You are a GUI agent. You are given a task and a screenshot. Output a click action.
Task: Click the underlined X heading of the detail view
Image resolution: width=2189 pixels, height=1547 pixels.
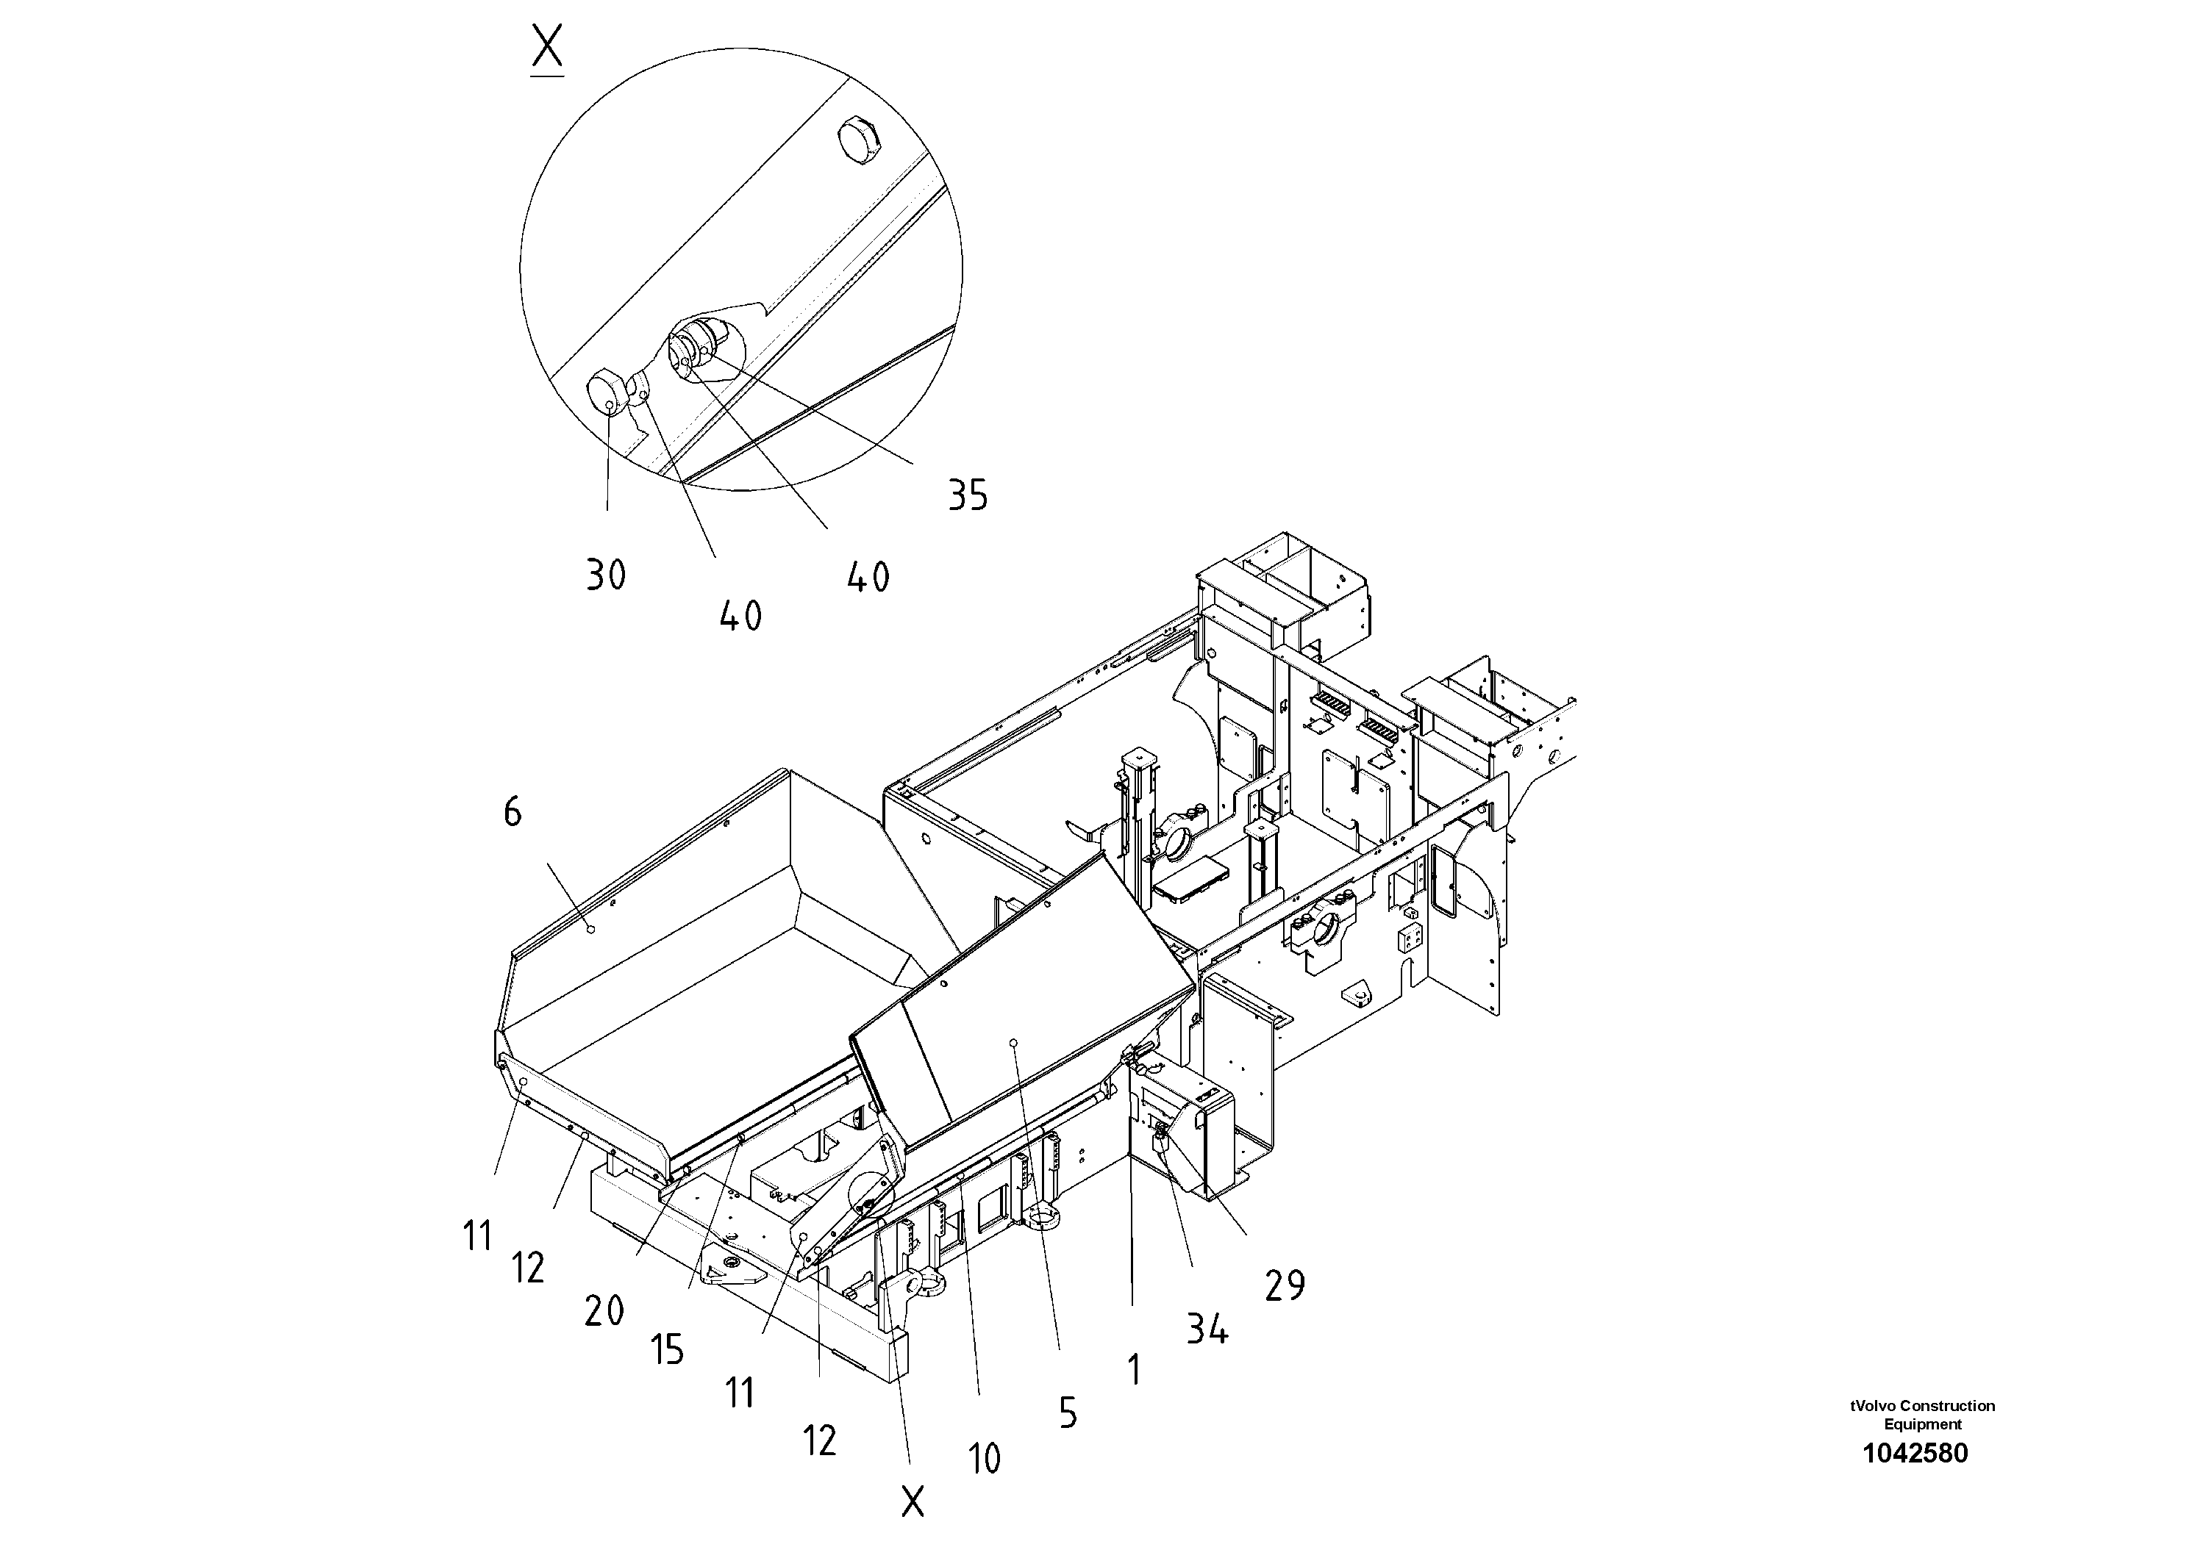pyautogui.click(x=547, y=49)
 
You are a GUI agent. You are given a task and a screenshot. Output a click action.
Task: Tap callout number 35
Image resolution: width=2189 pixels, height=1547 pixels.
pyautogui.click(x=967, y=495)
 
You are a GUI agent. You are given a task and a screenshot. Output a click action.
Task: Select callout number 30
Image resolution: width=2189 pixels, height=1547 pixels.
pyautogui.click(x=605, y=575)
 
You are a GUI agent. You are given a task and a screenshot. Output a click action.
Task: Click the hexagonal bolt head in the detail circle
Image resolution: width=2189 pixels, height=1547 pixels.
pyautogui.click(x=861, y=139)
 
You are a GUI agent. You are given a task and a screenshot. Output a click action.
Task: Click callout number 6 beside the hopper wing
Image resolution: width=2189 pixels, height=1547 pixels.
pyautogui.click(x=512, y=813)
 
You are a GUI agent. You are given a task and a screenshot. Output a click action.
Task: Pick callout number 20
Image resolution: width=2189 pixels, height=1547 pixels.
pyautogui.click(x=604, y=1313)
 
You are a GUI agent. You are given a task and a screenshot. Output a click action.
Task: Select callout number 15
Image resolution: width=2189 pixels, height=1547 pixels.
pyautogui.click(x=668, y=1350)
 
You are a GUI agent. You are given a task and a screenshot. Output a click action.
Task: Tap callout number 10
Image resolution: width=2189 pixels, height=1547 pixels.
pyautogui.click(x=984, y=1458)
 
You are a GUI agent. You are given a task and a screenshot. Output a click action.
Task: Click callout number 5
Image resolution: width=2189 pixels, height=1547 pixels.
pyautogui.click(x=1068, y=1413)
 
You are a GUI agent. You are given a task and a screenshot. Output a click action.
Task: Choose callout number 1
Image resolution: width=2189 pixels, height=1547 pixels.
pyautogui.click(x=1134, y=1371)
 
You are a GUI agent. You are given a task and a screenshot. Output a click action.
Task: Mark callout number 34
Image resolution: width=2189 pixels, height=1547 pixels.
pyautogui.click(x=1207, y=1329)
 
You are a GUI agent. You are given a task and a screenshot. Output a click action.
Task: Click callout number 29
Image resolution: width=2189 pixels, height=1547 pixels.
pyautogui.click(x=1285, y=1287)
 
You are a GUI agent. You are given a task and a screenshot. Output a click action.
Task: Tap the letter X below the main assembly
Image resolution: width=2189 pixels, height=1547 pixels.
pyautogui.click(x=913, y=1503)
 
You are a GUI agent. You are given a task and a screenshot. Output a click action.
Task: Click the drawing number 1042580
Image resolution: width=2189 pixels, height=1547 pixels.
pyautogui.click(x=1915, y=1454)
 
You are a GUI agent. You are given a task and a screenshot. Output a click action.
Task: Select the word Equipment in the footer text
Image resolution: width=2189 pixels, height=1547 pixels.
pyautogui.click(x=1922, y=1425)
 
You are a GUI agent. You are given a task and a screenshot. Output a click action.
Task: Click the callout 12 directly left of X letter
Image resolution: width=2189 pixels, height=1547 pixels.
pyautogui.click(x=819, y=1441)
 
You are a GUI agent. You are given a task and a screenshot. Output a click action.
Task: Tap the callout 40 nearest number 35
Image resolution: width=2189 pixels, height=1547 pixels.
pyautogui.click(x=868, y=578)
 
